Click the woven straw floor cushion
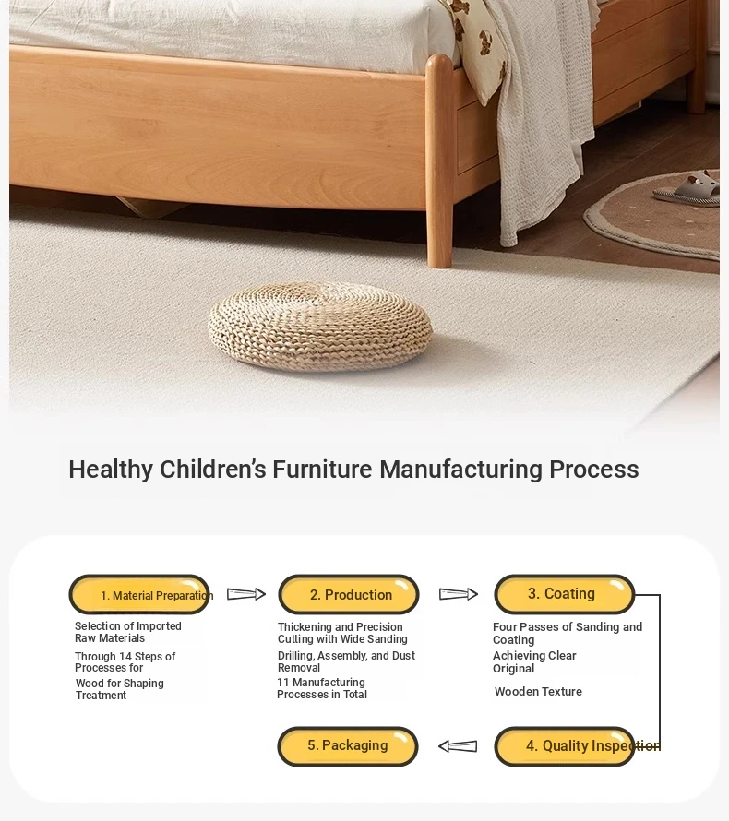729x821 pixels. [x=320, y=326]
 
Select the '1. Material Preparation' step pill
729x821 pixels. [x=139, y=594]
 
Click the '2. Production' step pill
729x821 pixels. [x=349, y=594]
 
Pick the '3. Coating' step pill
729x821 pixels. [x=565, y=594]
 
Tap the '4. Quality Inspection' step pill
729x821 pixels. [x=565, y=746]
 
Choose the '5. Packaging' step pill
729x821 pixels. [x=348, y=746]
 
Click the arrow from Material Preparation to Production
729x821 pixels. [x=246, y=594]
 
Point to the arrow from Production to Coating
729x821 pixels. [x=459, y=594]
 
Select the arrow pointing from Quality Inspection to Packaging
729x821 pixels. [x=458, y=745]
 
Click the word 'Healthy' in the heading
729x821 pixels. [x=111, y=470]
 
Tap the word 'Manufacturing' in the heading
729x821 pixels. [x=460, y=470]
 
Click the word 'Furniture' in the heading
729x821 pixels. [x=322, y=470]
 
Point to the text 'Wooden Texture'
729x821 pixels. [x=538, y=692]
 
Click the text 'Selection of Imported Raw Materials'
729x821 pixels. [x=127, y=632]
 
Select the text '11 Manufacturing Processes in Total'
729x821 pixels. [x=321, y=688]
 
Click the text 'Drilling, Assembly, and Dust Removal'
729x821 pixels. [x=346, y=661]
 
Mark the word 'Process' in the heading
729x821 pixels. [x=594, y=470]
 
